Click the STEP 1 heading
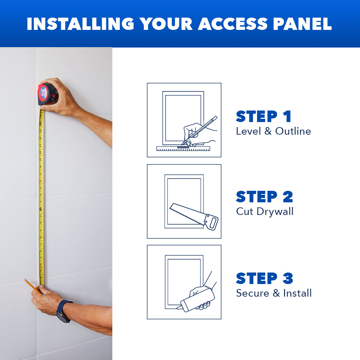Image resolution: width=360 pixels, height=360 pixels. point(264,117)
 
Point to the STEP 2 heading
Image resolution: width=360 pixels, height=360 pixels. point(264,197)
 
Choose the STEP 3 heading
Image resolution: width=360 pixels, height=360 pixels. point(264,278)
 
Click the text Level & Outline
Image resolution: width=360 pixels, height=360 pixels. point(273,131)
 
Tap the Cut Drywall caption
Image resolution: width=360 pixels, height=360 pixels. point(265,211)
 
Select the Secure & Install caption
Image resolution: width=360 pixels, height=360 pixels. point(274,293)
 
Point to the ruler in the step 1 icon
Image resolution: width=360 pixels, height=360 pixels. point(184,148)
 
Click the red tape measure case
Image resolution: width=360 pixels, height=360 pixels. point(47,94)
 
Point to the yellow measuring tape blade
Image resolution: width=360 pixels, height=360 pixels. point(41,198)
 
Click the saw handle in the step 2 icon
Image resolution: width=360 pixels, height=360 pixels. point(211,222)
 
